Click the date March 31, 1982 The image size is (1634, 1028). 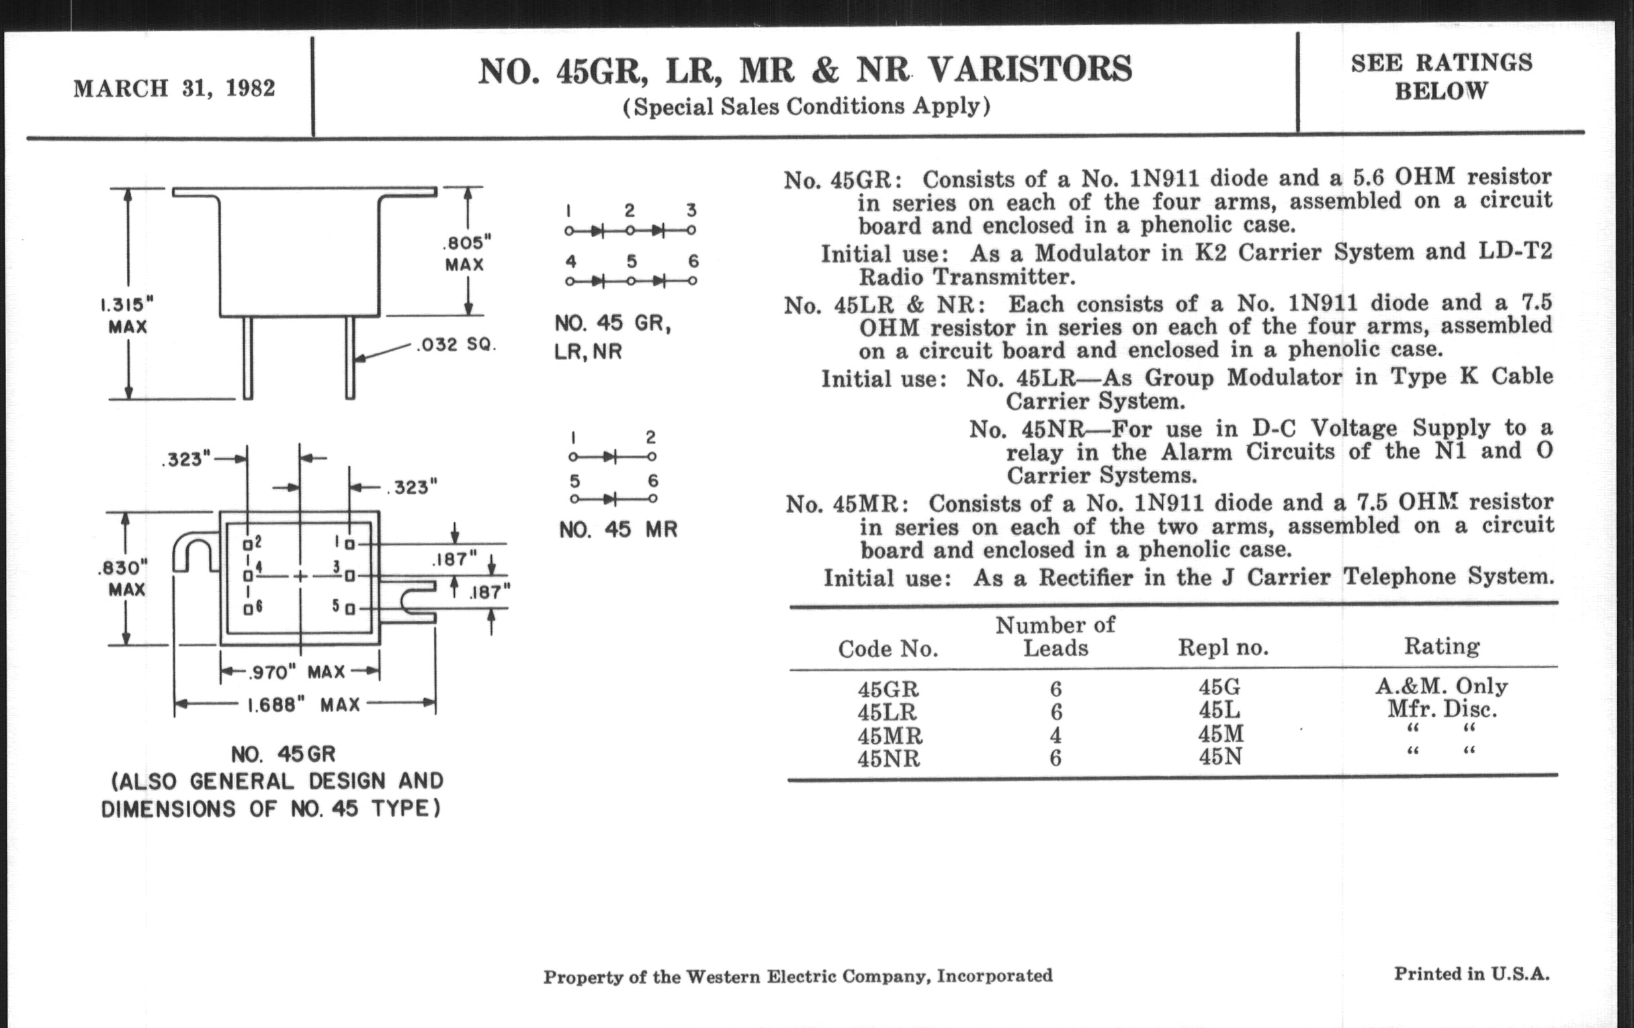175,88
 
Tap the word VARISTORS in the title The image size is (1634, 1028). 1029,70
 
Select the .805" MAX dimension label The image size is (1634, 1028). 466,253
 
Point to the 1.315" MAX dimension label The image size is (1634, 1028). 127,315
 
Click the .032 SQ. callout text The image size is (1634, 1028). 456,345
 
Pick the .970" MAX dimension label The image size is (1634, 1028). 298,673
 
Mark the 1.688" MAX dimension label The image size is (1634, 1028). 303,705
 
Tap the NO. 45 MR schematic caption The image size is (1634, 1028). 618,529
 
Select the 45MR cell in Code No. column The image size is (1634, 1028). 890,736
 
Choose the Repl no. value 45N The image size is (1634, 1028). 1220,756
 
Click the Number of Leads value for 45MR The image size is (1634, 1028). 1055,735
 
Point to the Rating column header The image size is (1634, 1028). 1441,646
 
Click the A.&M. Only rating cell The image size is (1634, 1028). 1441,686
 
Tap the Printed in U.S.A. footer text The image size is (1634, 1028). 1472,974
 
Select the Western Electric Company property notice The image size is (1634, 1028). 798,976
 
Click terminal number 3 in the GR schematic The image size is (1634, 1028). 691,210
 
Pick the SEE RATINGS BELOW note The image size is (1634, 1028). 1441,76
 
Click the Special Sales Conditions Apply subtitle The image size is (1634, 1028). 806,107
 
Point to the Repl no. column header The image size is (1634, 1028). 1223,647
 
